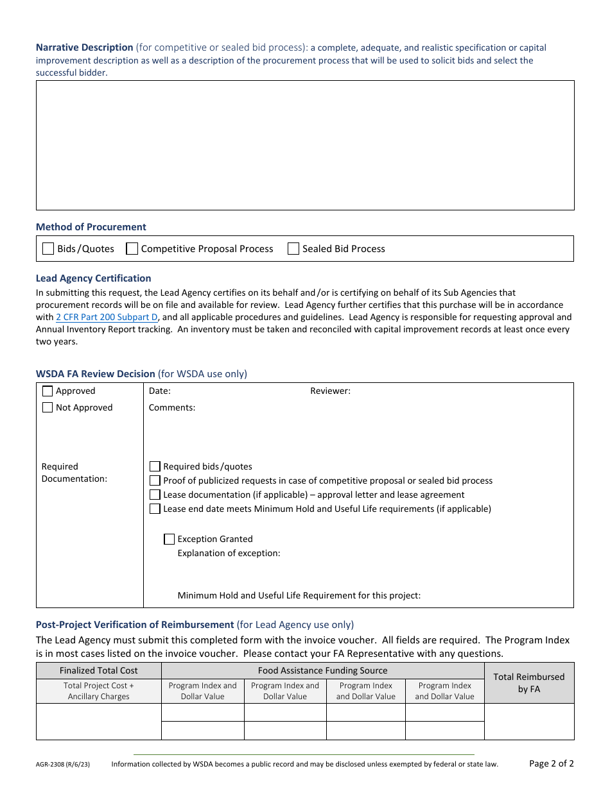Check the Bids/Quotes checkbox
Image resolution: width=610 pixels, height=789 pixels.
click(x=48, y=249)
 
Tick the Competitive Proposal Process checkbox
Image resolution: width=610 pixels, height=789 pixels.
click(x=132, y=249)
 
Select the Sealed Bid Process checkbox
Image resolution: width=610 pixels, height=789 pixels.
click(x=293, y=249)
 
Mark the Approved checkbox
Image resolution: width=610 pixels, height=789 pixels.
click(x=48, y=391)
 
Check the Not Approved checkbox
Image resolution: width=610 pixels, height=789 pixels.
click(x=48, y=407)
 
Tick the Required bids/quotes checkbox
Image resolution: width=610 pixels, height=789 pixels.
click(x=155, y=466)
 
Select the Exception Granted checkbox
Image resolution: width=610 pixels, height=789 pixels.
click(x=170, y=539)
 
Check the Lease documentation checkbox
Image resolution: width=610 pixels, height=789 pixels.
click(x=155, y=495)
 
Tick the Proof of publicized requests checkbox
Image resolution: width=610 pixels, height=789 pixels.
click(x=155, y=480)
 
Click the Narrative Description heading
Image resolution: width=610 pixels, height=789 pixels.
click(x=84, y=47)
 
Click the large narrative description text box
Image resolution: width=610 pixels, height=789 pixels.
click(x=305, y=145)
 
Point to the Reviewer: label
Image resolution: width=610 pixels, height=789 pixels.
click(x=330, y=391)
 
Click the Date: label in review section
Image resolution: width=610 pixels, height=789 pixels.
click(x=160, y=391)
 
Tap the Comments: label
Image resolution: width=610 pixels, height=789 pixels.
click(x=172, y=407)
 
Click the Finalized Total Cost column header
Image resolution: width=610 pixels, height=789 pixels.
click(x=98, y=670)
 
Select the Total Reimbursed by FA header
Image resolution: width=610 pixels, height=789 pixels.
click(x=529, y=683)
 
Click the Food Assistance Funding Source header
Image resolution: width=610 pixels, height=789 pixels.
click(x=322, y=670)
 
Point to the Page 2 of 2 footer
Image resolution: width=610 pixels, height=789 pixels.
click(x=551, y=763)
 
